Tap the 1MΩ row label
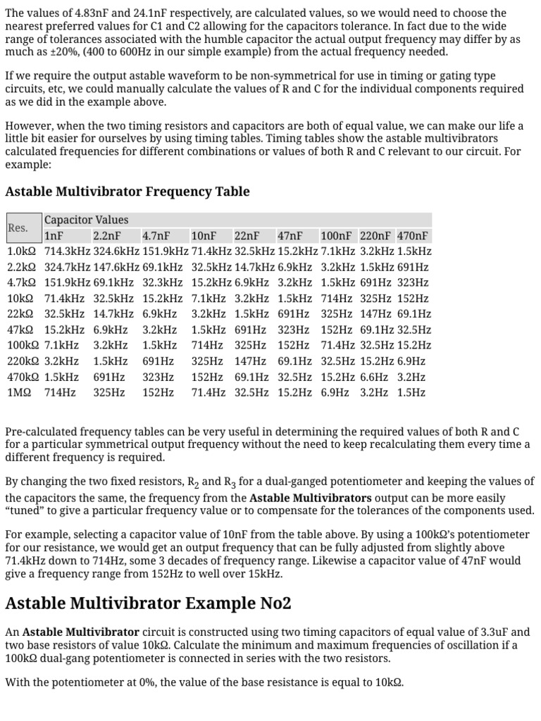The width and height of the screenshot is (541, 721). [x=19, y=392]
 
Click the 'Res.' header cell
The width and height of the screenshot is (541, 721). [x=18, y=228]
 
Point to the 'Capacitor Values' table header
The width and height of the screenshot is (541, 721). [x=86, y=220]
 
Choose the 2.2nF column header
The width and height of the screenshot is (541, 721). [x=107, y=236]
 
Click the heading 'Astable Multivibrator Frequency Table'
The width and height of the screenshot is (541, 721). [x=127, y=192]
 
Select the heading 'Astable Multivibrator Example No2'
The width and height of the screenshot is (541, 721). [x=148, y=603]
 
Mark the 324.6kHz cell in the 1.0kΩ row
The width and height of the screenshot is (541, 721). [x=116, y=251]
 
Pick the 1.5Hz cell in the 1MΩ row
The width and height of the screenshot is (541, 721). [x=411, y=392]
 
